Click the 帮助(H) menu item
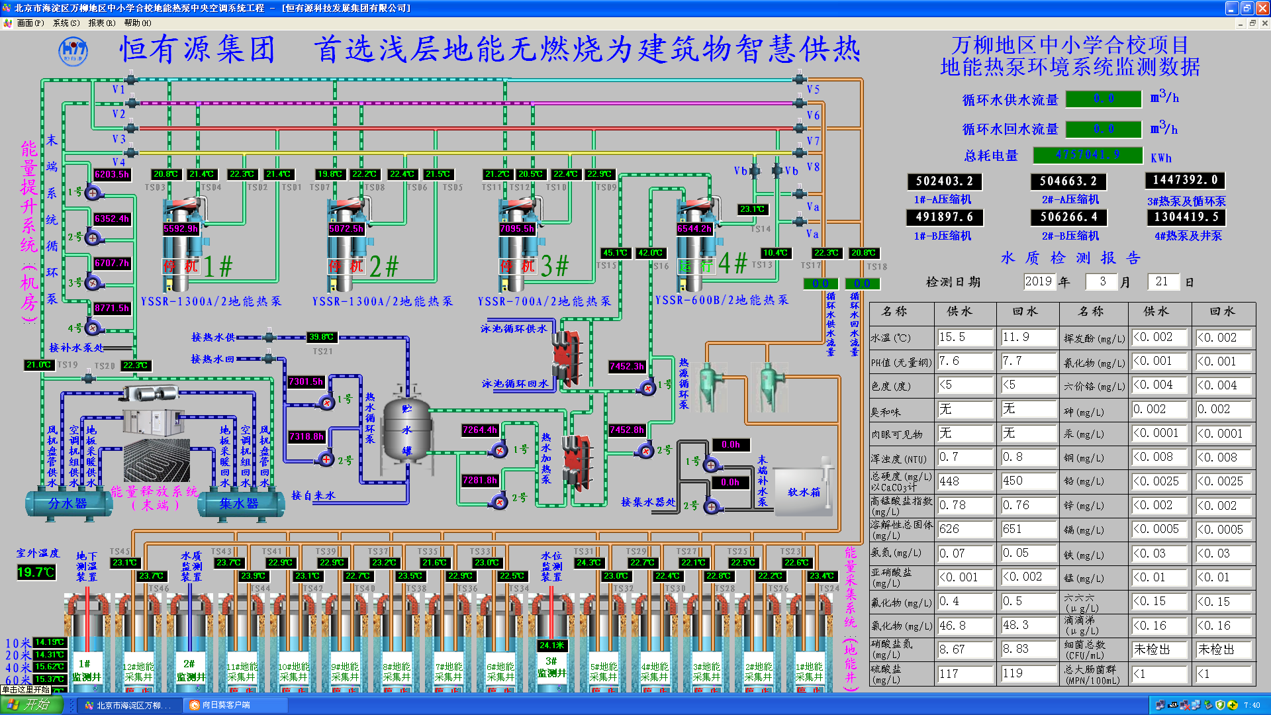[137, 23]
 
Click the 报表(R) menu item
[101, 23]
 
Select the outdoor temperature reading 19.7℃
[36, 572]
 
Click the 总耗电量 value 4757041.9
[1088, 155]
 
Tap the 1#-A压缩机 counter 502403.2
[944, 181]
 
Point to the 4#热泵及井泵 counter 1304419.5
[1186, 216]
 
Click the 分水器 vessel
[68, 504]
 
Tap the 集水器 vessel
[239, 504]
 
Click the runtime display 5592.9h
[181, 228]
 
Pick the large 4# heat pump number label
[733, 264]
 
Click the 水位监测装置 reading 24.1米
[552, 645]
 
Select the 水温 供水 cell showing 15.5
[965, 337]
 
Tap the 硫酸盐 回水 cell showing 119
[1028, 673]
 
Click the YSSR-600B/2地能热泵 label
[722, 300]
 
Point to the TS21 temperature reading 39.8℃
[322, 337]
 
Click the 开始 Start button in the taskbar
[31, 705]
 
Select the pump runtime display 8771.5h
[112, 308]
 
